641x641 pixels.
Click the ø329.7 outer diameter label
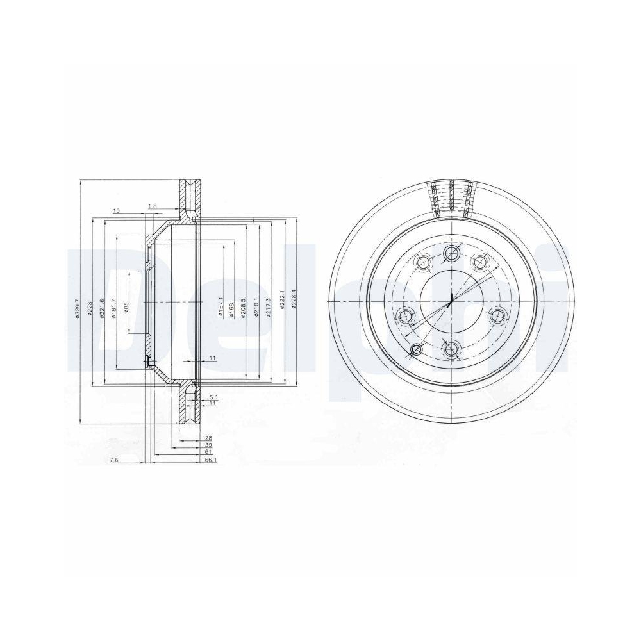click(x=77, y=308)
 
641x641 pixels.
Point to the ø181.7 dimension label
click(x=113, y=308)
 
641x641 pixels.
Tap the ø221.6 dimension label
click(x=101, y=308)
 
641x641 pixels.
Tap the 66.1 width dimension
click(x=209, y=460)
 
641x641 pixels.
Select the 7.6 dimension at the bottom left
click(x=113, y=460)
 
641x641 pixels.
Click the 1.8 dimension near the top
click(x=152, y=206)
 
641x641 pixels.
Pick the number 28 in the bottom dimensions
click(x=208, y=438)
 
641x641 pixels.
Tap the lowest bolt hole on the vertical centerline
click(x=452, y=349)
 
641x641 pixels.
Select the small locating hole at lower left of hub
click(x=417, y=349)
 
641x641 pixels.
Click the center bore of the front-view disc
click(x=452, y=301)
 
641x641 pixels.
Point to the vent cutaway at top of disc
click(x=453, y=198)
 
